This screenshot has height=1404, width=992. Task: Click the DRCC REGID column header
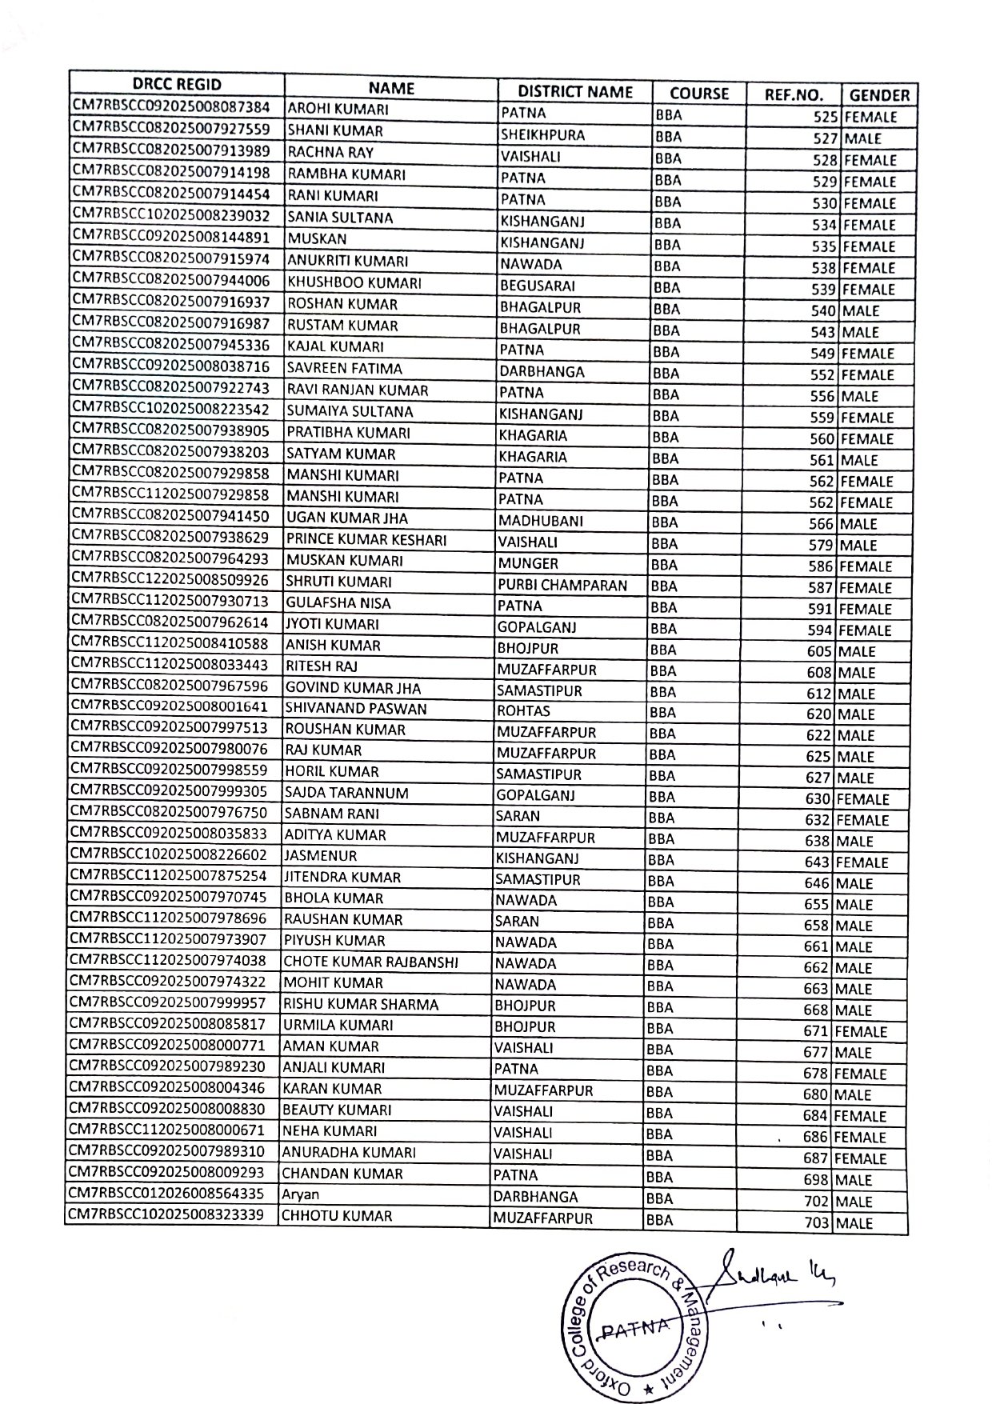pos(176,85)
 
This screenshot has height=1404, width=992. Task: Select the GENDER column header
pos(879,95)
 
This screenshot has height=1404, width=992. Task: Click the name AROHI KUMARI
pos(338,110)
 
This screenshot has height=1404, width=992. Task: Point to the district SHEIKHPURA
pos(542,134)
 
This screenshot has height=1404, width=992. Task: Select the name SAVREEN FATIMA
pos(345,369)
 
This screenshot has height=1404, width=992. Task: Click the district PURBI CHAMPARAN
pos(562,585)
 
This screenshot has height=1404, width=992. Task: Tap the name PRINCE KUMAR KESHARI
pos(366,540)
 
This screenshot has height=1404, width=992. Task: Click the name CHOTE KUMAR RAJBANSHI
pos(371,962)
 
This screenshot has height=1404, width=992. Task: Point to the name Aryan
pos(302,1194)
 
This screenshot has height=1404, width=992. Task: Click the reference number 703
pos(818,1223)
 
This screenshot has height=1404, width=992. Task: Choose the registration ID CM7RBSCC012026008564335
pos(167,1194)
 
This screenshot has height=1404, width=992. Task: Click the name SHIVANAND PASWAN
pos(356,709)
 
